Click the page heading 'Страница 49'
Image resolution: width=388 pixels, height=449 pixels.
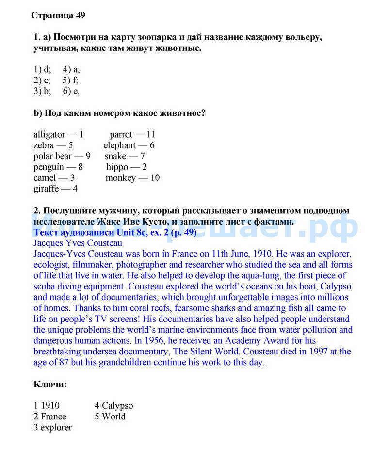58,16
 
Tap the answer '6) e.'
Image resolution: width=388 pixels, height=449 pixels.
71,91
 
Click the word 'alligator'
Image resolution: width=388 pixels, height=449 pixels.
49,134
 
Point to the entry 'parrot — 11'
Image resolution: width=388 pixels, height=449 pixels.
132,134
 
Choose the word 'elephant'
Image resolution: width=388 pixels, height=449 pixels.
119,145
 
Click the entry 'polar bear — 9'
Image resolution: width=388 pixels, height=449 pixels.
62,156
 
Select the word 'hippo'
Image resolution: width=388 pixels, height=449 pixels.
117,167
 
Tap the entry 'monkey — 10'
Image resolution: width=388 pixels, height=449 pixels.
132,178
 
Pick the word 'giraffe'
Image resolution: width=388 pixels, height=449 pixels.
46,189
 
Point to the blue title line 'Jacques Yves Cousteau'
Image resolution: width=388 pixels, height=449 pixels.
78,243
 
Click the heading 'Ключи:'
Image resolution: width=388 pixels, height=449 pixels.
50,385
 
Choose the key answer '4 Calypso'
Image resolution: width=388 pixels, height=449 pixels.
113,405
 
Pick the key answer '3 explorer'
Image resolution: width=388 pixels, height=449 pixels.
52,427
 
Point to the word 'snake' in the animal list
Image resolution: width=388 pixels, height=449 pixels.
115,156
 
